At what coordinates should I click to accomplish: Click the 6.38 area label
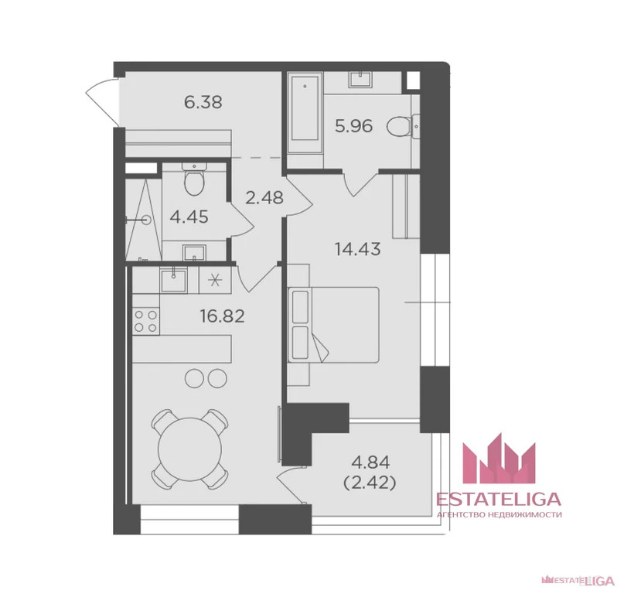point(203,102)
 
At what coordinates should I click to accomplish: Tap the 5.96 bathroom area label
point(354,126)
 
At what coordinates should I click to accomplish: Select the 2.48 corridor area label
point(264,197)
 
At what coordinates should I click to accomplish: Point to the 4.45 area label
point(189,217)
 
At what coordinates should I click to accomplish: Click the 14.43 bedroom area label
point(358,249)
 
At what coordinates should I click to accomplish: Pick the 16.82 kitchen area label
point(222,316)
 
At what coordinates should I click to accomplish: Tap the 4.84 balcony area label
point(370,463)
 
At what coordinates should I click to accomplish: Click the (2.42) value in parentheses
point(370,483)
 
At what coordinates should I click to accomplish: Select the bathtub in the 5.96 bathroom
point(305,113)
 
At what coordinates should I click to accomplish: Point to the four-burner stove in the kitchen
point(145,321)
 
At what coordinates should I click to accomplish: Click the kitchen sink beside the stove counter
point(173,280)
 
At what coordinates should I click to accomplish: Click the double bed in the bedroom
point(333,325)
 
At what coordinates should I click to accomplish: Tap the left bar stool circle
point(195,377)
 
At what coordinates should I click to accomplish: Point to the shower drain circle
point(147,220)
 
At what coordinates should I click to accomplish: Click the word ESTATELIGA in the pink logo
point(499,499)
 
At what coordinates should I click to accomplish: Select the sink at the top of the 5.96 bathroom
point(361,79)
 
